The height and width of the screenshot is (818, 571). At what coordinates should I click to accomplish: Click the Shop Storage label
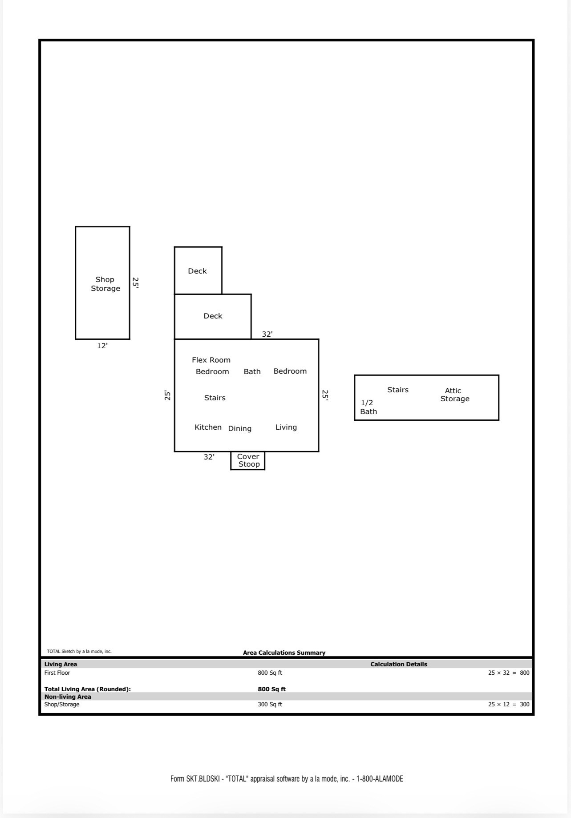105,284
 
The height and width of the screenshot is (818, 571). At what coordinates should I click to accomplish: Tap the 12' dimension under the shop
102,346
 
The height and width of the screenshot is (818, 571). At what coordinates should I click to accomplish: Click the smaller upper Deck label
197,271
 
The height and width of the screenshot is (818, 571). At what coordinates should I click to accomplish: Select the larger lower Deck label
213,316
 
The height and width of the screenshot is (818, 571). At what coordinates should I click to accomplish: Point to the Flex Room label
211,360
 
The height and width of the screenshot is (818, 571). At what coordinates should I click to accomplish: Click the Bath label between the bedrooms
252,371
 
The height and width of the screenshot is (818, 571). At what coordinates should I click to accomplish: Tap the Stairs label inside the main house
215,398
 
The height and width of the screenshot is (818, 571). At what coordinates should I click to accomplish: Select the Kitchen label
208,427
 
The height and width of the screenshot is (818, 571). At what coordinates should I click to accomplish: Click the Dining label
239,428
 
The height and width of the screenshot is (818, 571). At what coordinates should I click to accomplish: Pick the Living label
286,427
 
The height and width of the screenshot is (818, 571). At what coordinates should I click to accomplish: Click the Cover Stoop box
248,460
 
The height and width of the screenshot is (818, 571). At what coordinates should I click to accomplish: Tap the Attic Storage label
454,395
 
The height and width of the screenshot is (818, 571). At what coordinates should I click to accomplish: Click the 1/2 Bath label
368,407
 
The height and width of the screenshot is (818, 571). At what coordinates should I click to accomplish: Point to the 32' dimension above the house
267,334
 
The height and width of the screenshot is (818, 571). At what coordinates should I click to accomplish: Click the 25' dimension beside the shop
136,283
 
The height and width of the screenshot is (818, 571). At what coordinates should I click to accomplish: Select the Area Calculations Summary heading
284,653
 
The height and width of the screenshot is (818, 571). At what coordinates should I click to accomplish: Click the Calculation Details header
398,664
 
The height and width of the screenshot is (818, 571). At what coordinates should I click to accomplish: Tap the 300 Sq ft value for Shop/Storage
270,704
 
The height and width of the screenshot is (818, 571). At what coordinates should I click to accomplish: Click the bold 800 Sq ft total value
271,689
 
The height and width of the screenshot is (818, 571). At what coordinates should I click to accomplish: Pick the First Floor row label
57,673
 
